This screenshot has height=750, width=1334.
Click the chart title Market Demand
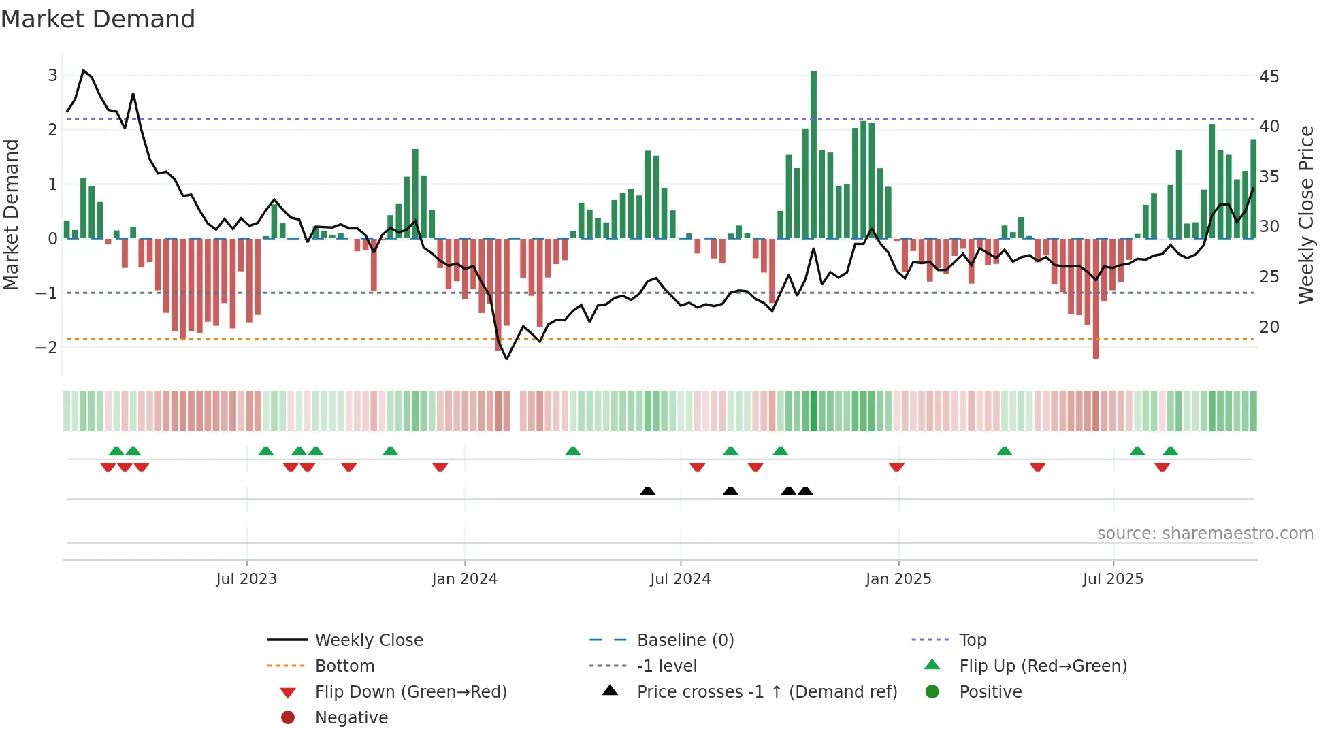98,19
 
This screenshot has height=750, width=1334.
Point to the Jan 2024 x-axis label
464,579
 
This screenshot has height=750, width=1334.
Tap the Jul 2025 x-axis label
1113,579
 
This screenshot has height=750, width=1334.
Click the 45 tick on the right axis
1269,76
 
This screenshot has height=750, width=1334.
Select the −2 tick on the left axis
46,347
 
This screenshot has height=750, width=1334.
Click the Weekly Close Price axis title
1305,214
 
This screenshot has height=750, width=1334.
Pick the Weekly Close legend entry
368,640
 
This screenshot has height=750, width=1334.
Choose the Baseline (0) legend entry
685,640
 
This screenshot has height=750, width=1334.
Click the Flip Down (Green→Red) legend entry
410,692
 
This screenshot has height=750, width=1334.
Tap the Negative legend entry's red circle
288,718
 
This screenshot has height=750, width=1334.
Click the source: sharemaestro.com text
1205,534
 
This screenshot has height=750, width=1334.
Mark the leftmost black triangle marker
648,491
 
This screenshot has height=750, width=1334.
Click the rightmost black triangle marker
805,491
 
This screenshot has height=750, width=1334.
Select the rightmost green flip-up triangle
1170,451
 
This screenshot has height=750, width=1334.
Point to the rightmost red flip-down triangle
1162,467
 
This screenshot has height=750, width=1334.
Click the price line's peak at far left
83,71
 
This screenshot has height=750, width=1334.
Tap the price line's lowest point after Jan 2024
506,359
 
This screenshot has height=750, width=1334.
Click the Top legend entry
972,640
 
